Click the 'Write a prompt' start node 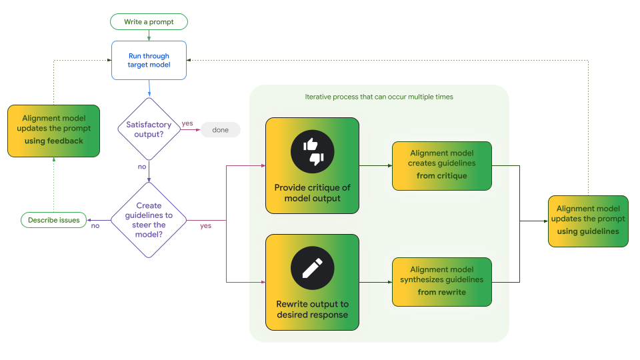pyautogui.click(x=149, y=22)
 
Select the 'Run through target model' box pyautogui.click(x=149, y=61)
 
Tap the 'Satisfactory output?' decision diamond pyautogui.click(x=149, y=129)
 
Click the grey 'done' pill pyautogui.click(x=220, y=130)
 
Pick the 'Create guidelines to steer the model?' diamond pyautogui.click(x=149, y=220)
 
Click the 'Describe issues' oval pyautogui.click(x=53, y=220)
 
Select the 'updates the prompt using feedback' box pyautogui.click(x=53, y=131)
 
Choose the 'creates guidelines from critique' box pyautogui.click(x=441, y=165)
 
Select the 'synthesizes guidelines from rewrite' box pyautogui.click(x=441, y=281)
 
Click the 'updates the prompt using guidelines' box pyautogui.click(x=588, y=221)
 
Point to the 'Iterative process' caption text pyautogui.click(x=379, y=97)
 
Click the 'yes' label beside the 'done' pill pyautogui.click(x=187, y=123)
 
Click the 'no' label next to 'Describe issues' pyautogui.click(x=95, y=225)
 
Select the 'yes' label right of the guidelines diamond pyautogui.click(x=205, y=225)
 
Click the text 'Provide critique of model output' pyautogui.click(x=312, y=193)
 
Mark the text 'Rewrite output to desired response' pyautogui.click(x=312, y=309)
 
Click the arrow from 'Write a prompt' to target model pyautogui.click(x=149, y=35)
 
